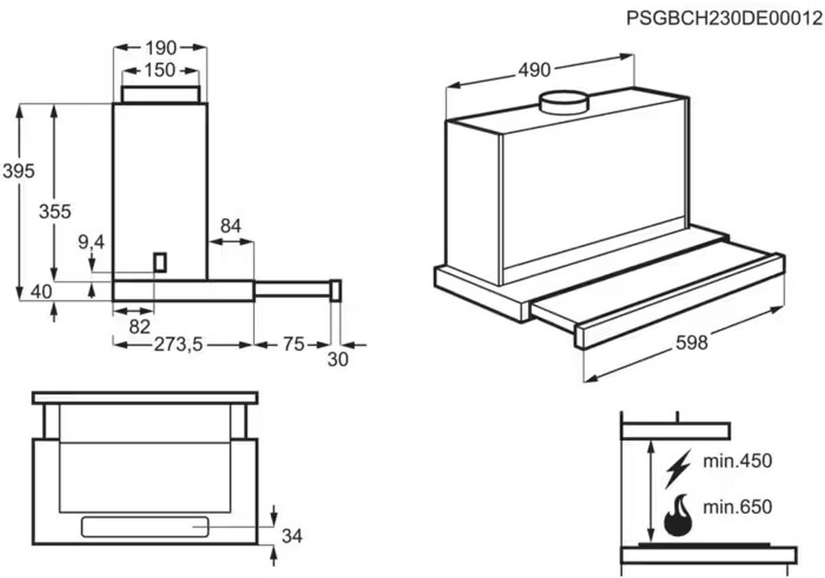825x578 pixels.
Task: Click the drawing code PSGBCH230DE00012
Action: [x=725, y=18]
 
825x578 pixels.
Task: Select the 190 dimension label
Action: [x=161, y=48]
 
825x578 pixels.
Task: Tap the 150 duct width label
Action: [x=159, y=70]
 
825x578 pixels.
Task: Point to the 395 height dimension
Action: [x=19, y=171]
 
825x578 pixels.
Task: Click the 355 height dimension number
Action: [x=55, y=212]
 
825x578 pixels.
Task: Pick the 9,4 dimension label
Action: [x=91, y=242]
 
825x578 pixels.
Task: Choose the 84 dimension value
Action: [x=231, y=226]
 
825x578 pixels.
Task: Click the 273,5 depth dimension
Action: [x=178, y=345]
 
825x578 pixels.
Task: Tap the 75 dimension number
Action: [x=294, y=344]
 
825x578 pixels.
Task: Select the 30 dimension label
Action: [x=338, y=359]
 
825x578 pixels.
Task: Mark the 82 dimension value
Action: [x=140, y=327]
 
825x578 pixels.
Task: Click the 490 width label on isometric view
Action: [x=534, y=70]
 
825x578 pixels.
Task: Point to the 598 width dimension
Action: [x=692, y=343]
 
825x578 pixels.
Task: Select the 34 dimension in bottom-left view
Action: [x=292, y=536]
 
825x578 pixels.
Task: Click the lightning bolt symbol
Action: [x=678, y=469]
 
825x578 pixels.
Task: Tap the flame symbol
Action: [x=678, y=515]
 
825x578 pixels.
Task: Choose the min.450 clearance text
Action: [x=737, y=461]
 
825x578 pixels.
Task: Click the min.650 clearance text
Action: [x=737, y=507]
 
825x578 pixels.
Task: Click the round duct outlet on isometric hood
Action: [x=564, y=102]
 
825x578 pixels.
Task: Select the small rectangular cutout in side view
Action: [x=159, y=262]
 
